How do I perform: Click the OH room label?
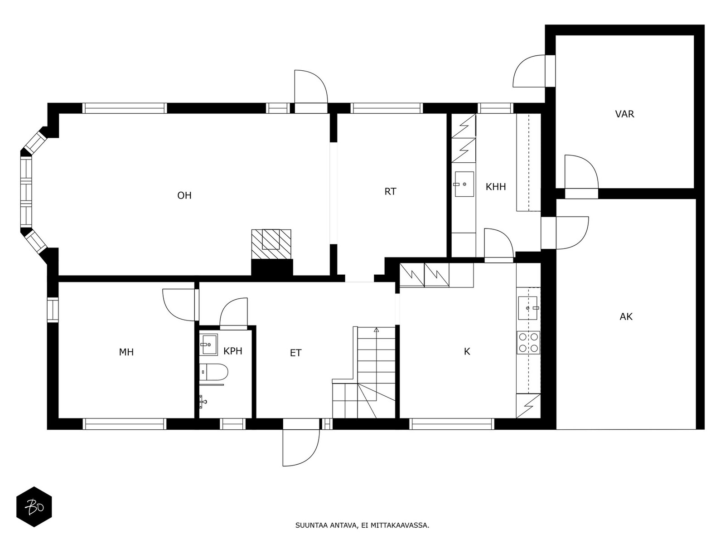[x=184, y=195]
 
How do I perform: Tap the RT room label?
[x=390, y=192]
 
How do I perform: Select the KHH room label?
[x=496, y=187]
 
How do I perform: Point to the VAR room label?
[x=624, y=114]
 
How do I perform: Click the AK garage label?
[x=626, y=317]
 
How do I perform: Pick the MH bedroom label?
[x=126, y=352]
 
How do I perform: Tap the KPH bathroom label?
[x=233, y=351]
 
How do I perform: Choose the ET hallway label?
[x=295, y=353]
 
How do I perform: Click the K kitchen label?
[x=467, y=352]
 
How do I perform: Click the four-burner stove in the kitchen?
[x=528, y=343]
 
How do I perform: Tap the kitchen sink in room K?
[x=528, y=308]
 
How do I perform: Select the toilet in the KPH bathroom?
[x=213, y=372]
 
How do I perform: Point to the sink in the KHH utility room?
[x=464, y=185]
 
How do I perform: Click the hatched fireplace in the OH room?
[x=271, y=244]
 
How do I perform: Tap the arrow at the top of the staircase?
[x=376, y=330]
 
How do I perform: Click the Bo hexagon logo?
[x=34, y=507]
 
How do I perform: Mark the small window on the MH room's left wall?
[x=53, y=310]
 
